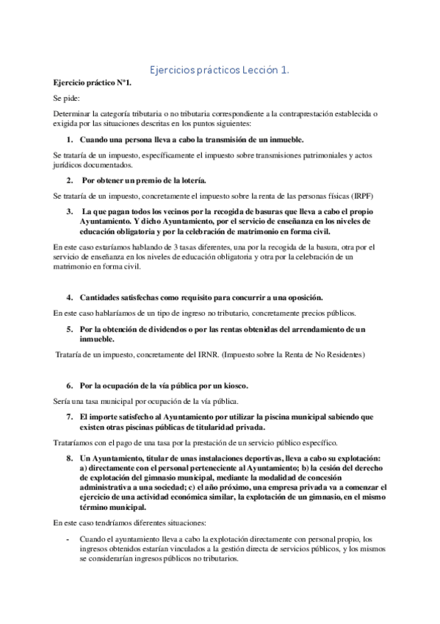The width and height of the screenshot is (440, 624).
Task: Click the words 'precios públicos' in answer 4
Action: pyautogui.click(x=322, y=313)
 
